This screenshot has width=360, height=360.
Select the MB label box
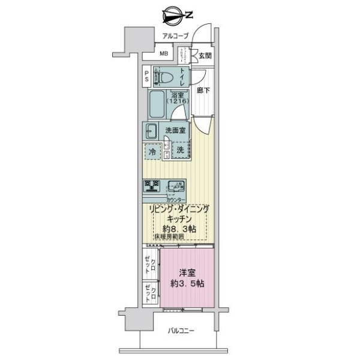tap(163, 56)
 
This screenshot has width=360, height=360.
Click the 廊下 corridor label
tap(203, 91)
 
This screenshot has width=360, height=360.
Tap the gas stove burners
tap(151, 186)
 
